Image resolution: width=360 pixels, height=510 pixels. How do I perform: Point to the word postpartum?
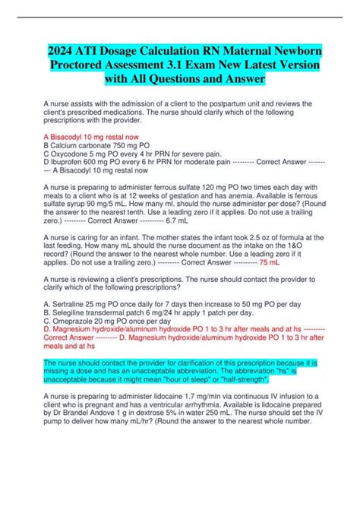coord(226,104)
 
